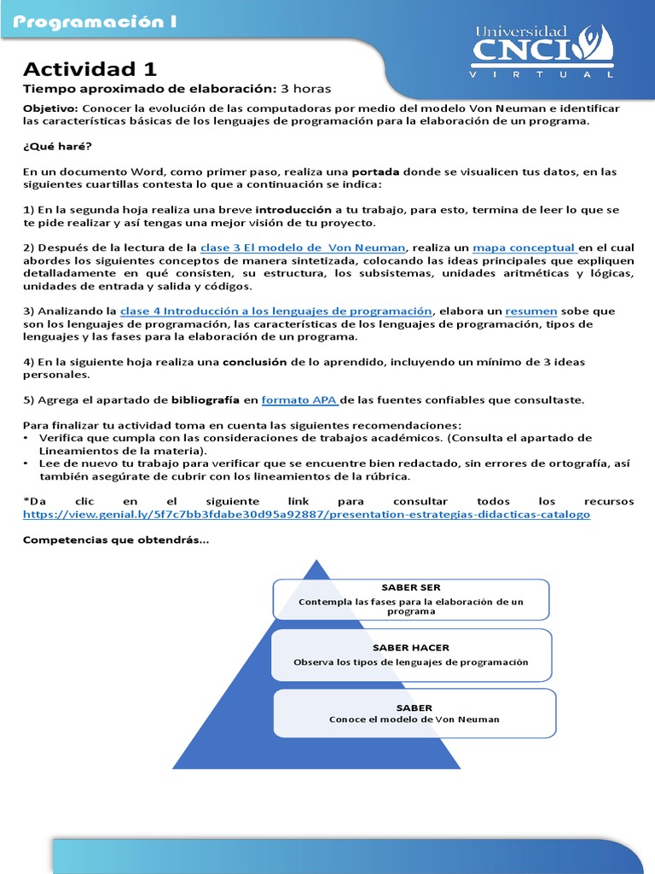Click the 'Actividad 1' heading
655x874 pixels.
[x=90, y=69]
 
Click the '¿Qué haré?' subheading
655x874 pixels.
[x=55, y=146]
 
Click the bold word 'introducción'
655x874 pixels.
[x=294, y=209]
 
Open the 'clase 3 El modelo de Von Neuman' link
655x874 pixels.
[x=302, y=248]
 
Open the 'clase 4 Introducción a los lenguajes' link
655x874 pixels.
[x=277, y=311]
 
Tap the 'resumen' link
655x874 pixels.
[x=531, y=311]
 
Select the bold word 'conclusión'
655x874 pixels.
[x=255, y=361]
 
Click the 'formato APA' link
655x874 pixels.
[x=300, y=399]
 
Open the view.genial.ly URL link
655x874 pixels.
[x=306, y=515]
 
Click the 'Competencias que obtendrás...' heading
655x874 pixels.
[x=115, y=539]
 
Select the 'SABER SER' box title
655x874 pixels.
[x=411, y=587]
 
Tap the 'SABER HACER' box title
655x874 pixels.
[x=411, y=648]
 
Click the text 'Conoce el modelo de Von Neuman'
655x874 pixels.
[x=414, y=720]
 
